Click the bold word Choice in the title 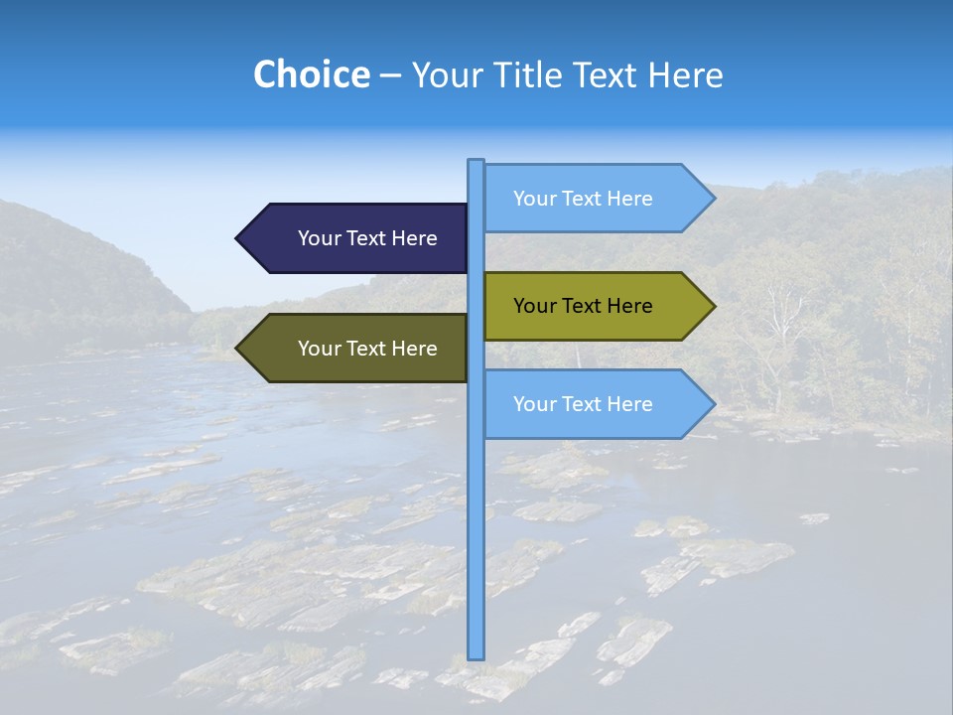(311, 74)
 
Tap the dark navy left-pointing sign (357, 238)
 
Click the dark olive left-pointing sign (357, 349)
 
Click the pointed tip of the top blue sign (713, 199)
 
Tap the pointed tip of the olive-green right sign (713, 306)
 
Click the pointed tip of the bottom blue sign (713, 404)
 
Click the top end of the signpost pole (476, 162)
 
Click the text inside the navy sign (367, 238)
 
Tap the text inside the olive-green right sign (583, 306)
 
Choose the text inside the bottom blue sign (583, 404)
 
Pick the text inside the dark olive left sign (367, 349)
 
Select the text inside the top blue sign (583, 199)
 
